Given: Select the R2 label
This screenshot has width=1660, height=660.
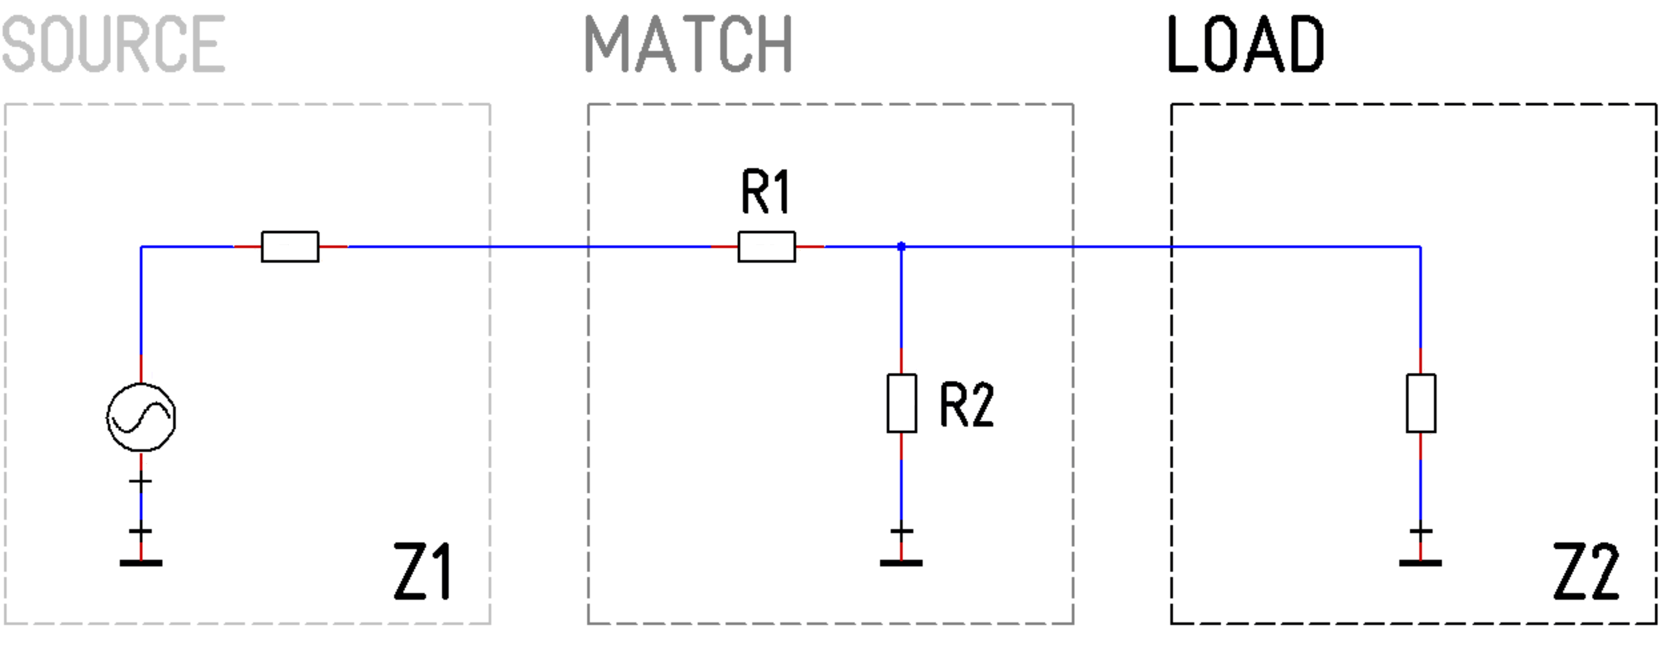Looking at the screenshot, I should click(966, 405).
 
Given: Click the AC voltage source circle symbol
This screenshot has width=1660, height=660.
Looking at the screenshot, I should click(141, 417).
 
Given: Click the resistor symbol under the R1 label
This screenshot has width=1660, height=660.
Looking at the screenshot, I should click(766, 247).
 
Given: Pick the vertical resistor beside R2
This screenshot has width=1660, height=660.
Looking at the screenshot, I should click(902, 403).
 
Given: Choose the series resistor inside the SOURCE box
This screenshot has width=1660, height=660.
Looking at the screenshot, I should click(290, 247).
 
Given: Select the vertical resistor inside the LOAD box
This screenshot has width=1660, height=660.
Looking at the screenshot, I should click(1420, 403).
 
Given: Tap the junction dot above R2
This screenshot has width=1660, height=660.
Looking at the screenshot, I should click(902, 246).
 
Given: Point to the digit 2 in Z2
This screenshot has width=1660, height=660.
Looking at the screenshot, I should click(1604, 572).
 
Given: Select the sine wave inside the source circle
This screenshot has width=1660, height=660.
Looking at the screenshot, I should click(141, 418).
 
